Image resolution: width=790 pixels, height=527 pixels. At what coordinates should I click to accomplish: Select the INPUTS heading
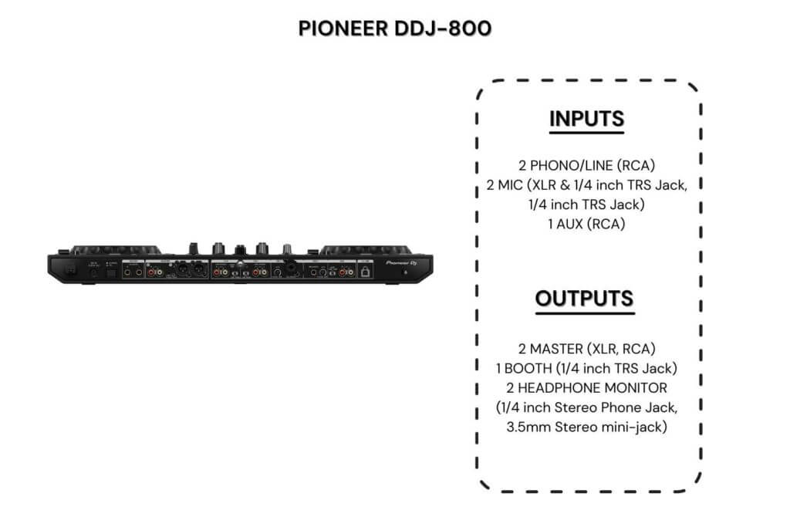pyautogui.click(x=586, y=120)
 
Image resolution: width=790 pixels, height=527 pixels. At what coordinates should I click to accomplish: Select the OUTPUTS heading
pyautogui.click(x=585, y=299)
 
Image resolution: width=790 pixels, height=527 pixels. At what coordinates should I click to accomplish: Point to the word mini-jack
pyautogui.click(x=636, y=426)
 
